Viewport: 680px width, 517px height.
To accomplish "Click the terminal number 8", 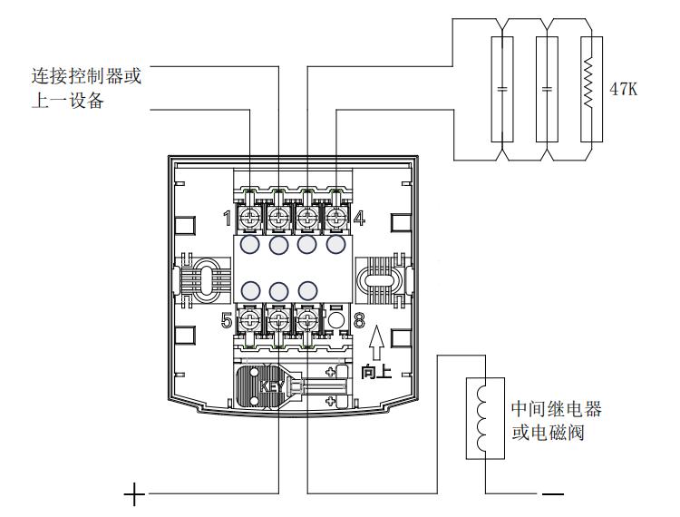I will [x=358, y=320].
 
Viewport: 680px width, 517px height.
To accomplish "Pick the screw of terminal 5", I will [x=250, y=320].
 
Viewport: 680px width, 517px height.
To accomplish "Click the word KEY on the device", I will [x=272, y=385].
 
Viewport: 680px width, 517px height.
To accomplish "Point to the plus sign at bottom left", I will [x=134, y=495].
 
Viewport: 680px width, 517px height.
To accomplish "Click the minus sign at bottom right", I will [x=552, y=495].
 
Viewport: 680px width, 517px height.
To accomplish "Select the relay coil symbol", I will [x=483, y=417].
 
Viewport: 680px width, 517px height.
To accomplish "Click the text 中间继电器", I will [x=556, y=409].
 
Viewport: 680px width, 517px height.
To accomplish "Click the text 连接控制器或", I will [x=86, y=76].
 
